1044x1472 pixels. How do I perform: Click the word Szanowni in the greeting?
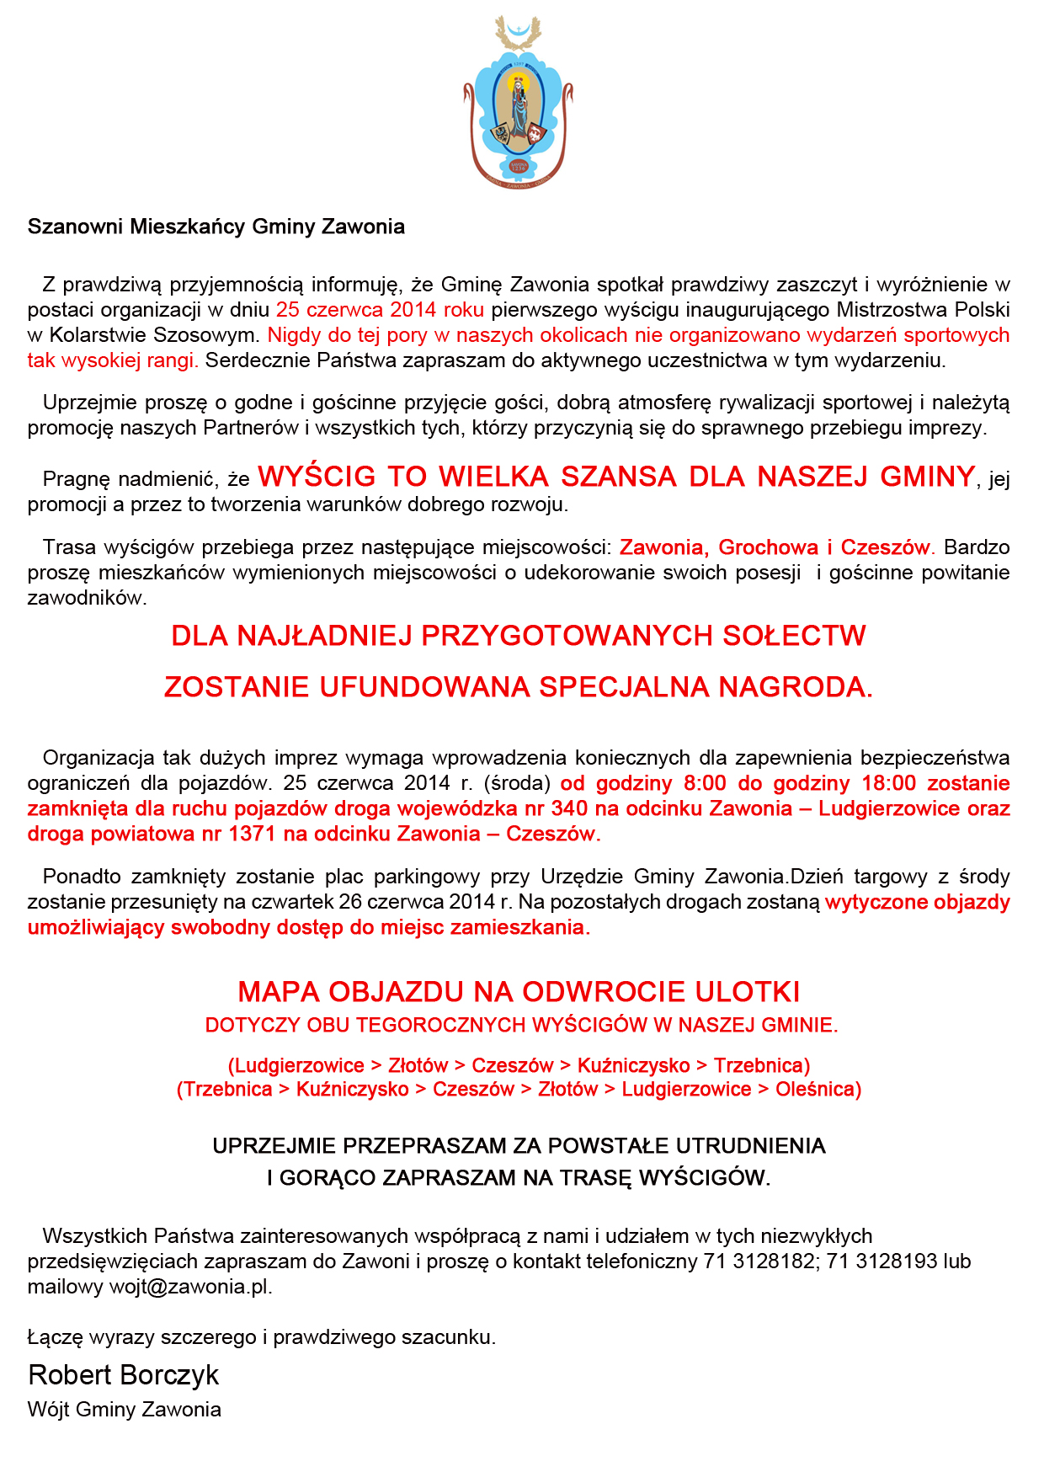point(75,227)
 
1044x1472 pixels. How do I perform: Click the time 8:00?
point(705,783)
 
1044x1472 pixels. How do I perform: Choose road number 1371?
point(251,834)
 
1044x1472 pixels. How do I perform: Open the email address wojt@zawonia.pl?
point(190,1287)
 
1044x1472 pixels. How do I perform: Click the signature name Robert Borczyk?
point(124,1375)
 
